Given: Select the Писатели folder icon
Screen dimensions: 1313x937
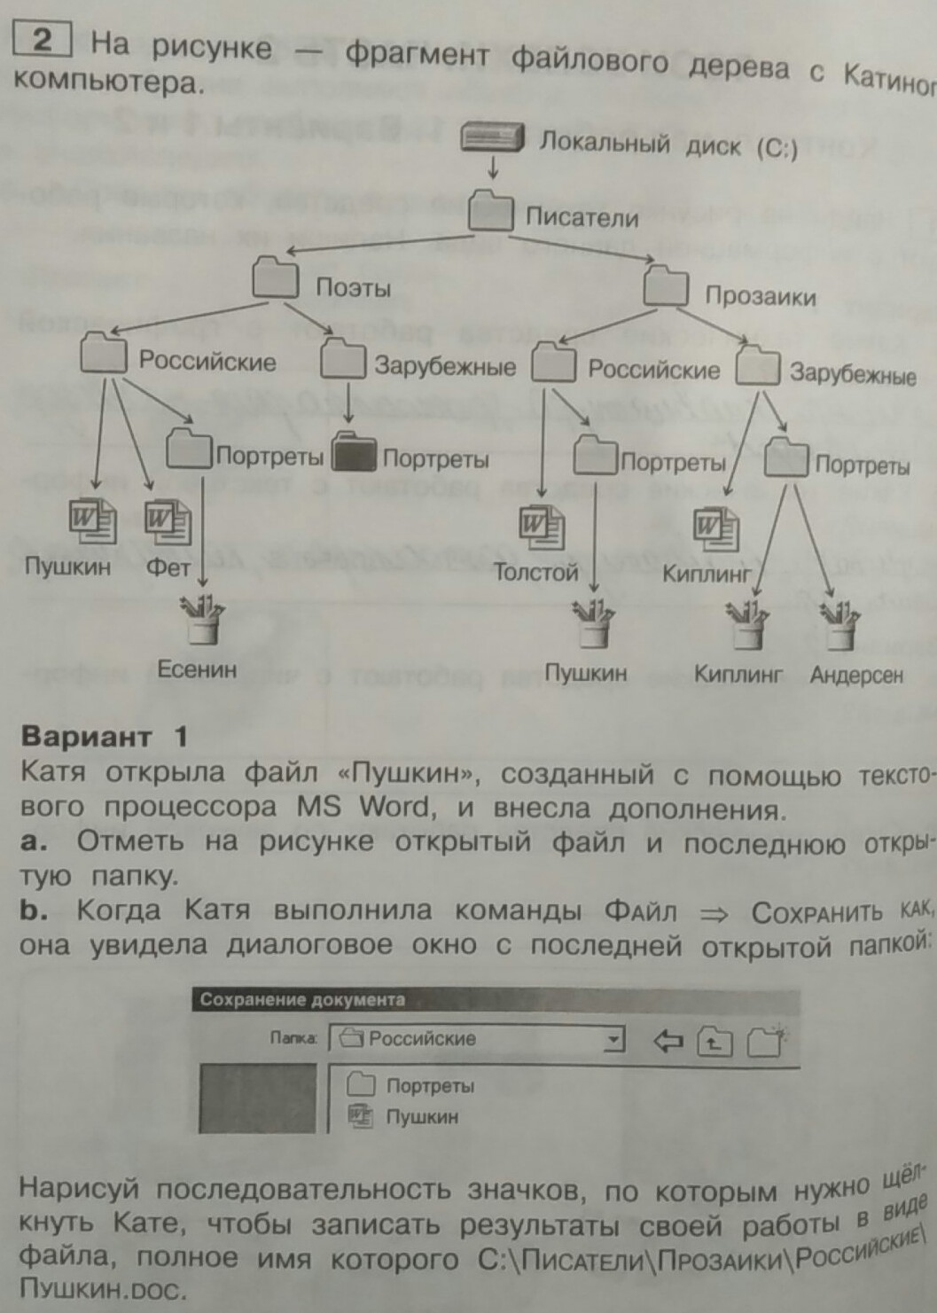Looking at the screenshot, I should (x=491, y=211).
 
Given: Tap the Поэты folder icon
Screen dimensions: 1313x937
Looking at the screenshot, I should (x=275, y=277).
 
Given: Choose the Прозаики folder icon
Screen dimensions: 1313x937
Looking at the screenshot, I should (x=666, y=285).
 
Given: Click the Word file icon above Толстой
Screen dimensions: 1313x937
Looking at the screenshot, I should (x=541, y=527).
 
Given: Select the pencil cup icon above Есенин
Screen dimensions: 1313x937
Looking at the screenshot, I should (x=203, y=619).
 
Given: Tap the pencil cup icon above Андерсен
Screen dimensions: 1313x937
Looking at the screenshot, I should (x=839, y=625).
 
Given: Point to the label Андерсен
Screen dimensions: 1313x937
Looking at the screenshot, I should (x=856, y=676).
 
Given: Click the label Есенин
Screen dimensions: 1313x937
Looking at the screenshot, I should (x=197, y=669).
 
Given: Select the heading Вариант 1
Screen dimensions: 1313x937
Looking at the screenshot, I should (x=105, y=736).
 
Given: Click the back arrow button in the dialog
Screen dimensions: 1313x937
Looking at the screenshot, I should (x=668, y=1041).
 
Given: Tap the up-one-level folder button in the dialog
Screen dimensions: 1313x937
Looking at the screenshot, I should (x=714, y=1043).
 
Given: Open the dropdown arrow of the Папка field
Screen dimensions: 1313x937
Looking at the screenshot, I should (x=613, y=1039).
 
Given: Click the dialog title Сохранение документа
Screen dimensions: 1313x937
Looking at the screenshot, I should (x=302, y=1000).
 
